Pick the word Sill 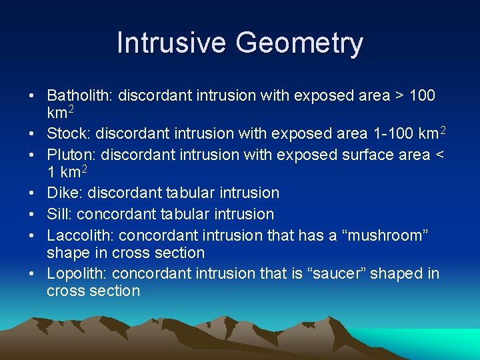click(x=58, y=214)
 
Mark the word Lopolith click(x=77, y=273)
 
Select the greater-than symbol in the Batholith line click(x=399, y=96)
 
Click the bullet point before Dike click(x=32, y=193)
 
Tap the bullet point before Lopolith click(x=32, y=273)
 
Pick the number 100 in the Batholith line click(x=422, y=95)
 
